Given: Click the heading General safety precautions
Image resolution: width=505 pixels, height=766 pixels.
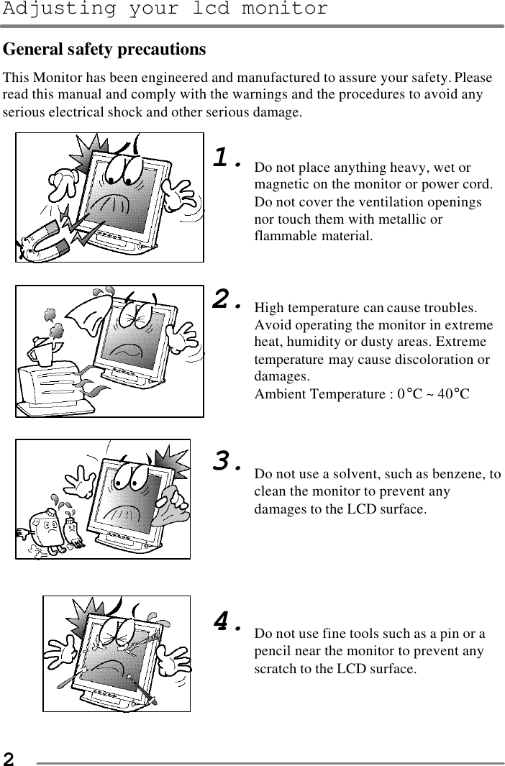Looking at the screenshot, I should (105, 50).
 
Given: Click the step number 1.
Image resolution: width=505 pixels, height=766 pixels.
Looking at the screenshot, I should (228, 158).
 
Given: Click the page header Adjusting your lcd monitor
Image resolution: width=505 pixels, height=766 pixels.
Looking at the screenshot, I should (164, 9).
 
